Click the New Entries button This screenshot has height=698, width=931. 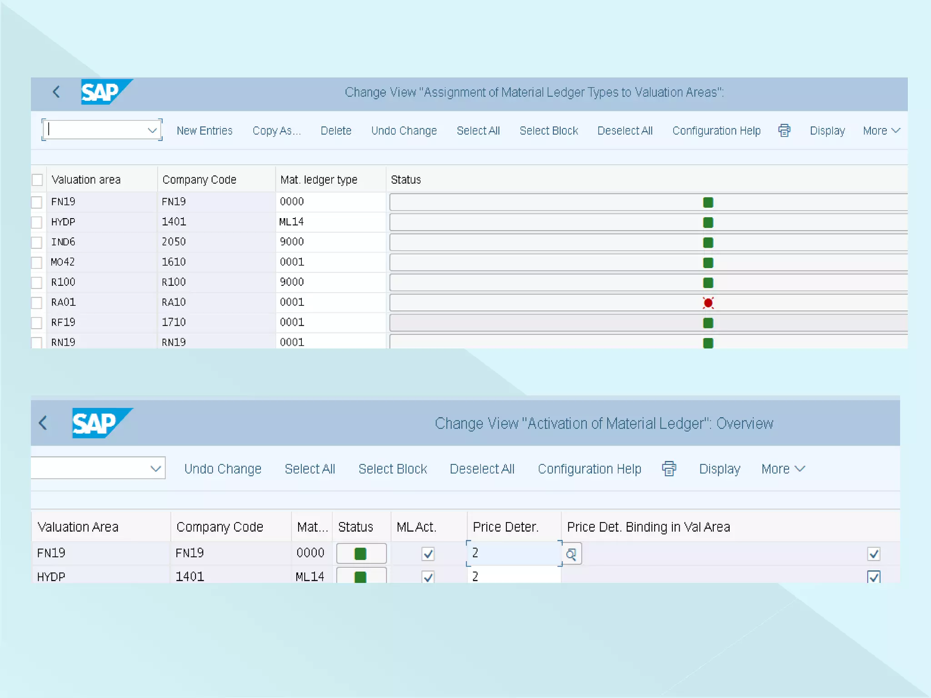(x=204, y=131)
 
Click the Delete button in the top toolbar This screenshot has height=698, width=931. (x=335, y=131)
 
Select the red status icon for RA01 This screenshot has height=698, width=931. (x=708, y=303)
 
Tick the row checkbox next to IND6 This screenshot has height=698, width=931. (x=37, y=242)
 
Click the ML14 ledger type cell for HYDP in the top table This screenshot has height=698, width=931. (x=291, y=222)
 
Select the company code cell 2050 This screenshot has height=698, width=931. (x=174, y=242)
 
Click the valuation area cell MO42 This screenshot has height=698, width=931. (x=63, y=262)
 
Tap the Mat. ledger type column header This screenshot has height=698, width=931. (x=319, y=180)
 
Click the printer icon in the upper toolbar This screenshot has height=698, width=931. (x=784, y=131)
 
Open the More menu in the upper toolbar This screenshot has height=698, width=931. (x=881, y=131)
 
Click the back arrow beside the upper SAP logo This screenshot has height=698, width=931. (x=56, y=92)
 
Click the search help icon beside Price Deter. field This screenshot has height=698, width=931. (x=571, y=554)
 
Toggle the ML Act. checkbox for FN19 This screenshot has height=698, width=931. (x=428, y=554)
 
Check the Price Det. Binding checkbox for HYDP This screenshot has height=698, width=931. (x=873, y=577)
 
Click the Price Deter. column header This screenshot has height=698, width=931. (x=506, y=527)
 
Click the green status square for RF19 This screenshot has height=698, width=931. (x=708, y=323)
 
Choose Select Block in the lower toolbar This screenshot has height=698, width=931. (x=392, y=469)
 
